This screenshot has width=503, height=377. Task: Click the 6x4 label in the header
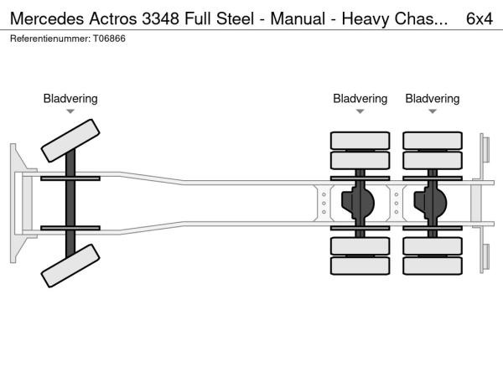479,18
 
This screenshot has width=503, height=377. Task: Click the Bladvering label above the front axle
70,99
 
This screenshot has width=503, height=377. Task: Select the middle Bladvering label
360,99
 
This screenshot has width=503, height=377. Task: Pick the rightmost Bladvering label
433,99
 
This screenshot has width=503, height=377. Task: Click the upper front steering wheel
71,140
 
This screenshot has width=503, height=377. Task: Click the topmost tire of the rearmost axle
433,140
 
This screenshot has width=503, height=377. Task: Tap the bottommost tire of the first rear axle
360,266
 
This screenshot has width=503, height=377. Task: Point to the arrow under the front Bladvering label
70,111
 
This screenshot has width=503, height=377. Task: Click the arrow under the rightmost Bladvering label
433,111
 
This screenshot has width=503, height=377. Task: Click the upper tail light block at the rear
485,148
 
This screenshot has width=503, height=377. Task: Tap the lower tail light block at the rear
485,258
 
